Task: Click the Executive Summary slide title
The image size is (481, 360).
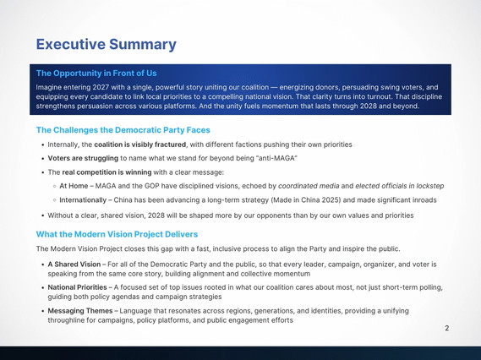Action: pyautogui.click(x=107, y=45)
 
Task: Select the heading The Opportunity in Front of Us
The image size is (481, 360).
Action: pyautogui.click(x=96, y=74)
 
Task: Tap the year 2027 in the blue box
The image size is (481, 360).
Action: pyautogui.click(x=101, y=87)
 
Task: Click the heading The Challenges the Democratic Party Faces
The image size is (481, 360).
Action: pyautogui.click(x=123, y=130)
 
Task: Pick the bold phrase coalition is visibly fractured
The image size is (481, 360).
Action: pyautogui.click(x=139, y=145)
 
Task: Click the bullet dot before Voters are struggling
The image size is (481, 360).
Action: pyautogui.click(x=42, y=159)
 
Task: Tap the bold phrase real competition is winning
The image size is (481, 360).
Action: pyautogui.click(x=107, y=172)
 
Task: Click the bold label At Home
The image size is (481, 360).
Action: pyautogui.click(x=74, y=186)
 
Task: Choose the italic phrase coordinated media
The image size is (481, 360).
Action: pyautogui.click(x=309, y=186)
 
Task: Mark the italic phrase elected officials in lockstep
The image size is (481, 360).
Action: pyautogui.click(x=399, y=186)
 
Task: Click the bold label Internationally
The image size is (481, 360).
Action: pyautogui.click(x=83, y=200)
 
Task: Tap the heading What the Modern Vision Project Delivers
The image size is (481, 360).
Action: pyautogui.click(x=117, y=234)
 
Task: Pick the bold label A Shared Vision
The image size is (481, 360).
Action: pyautogui.click(x=74, y=265)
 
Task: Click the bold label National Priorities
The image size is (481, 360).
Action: pyautogui.click(x=77, y=287)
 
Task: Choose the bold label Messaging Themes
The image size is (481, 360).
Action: pyautogui.click(x=80, y=311)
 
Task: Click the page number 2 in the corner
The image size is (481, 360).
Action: pyautogui.click(x=447, y=328)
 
